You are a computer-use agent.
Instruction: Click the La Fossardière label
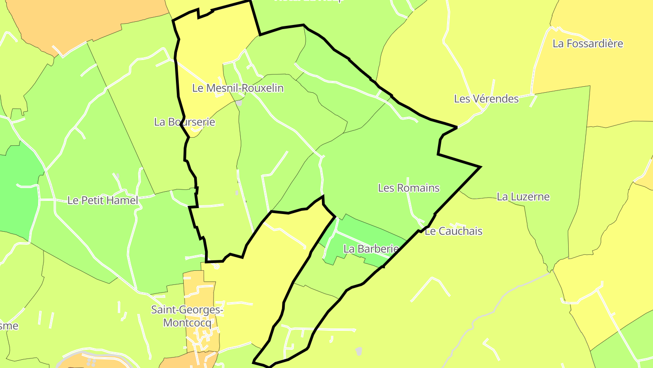[x=588, y=44]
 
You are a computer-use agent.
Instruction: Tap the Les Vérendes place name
[x=486, y=99]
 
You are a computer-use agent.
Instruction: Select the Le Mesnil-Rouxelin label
[x=238, y=88]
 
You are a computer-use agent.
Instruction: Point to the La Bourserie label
[x=185, y=122]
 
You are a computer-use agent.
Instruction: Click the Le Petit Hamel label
[x=102, y=200]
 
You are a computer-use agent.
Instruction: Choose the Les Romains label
[x=409, y=188]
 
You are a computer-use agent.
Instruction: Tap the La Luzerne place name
[x=523, y=197]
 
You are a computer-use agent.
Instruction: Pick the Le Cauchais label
[x=453, y=231]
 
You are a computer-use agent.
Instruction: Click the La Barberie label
[x=371, y=249]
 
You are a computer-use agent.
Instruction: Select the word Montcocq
[x=187, y=323]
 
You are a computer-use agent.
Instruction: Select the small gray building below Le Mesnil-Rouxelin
[x=239, y=104]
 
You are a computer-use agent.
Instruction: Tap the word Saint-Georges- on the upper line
[x=187, y=310]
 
